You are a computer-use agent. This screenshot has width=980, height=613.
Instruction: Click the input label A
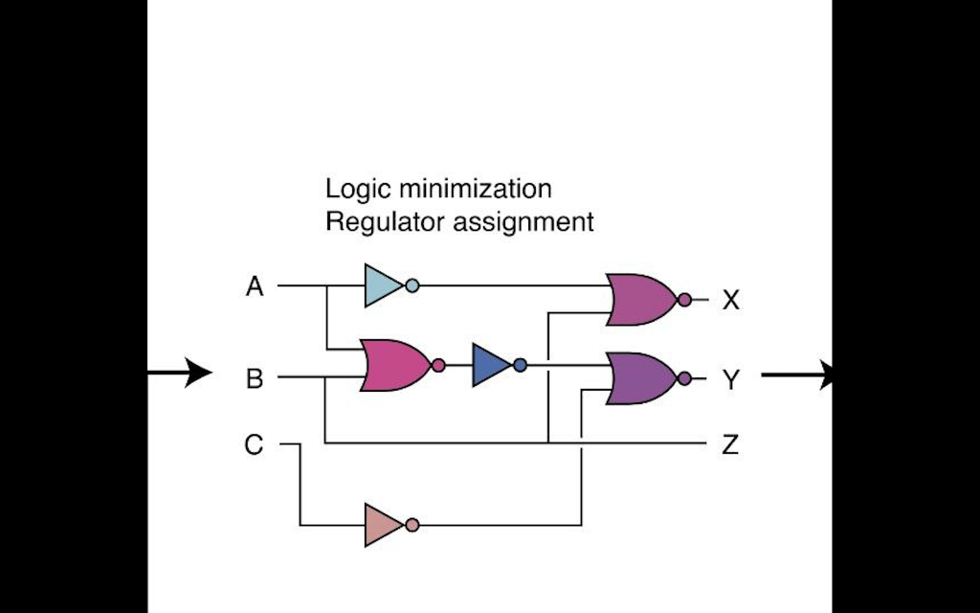[x=254, y=286]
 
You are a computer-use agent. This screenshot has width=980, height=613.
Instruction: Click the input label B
[x=254, y=379]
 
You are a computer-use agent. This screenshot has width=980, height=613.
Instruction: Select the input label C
[x=254, y=445]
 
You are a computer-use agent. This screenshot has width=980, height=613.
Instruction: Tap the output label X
[x=731, y=301]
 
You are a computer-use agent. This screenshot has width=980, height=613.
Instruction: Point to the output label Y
[x=731, y=380]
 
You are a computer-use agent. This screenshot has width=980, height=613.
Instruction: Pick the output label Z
[x=730, y=445]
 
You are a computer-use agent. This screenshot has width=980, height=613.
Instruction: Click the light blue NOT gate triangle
[x=382, y=285]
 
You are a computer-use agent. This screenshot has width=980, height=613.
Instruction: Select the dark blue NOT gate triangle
[x=490, y=365]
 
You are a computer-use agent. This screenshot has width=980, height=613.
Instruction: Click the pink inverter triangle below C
[x=382, y=525]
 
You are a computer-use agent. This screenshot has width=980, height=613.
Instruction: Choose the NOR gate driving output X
[x=641, y=300]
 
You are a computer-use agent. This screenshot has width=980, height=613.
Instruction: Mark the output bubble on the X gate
[x=683, y=301]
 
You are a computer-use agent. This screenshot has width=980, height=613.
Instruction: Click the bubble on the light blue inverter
[x=412, y=285]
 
